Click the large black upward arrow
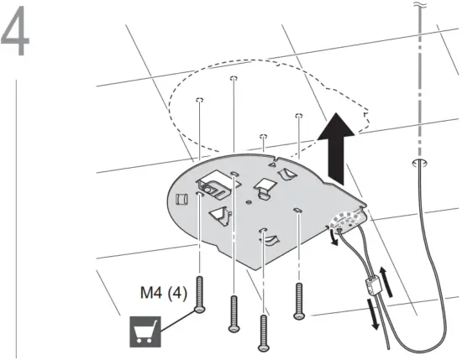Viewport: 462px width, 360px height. point(339,147)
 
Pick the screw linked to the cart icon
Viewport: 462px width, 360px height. point(199,295)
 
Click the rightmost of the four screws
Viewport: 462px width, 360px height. point(299,300)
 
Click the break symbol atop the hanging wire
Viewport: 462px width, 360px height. point(420,7)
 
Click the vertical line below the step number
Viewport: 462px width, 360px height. point(18,210)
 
